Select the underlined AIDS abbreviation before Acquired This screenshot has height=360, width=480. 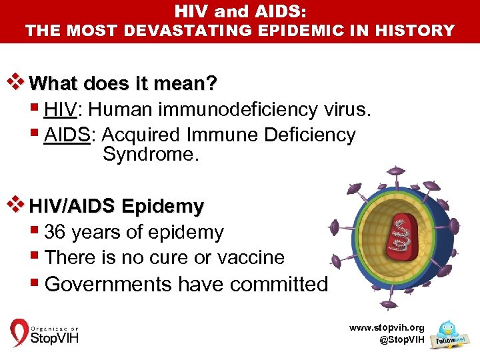coord(67,135)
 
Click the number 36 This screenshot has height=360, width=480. coord(55,232)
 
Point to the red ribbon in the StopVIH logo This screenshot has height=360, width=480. coord(19,333)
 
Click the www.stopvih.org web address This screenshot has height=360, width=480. coord(387,328)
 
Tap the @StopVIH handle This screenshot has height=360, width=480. coord(401,340)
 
